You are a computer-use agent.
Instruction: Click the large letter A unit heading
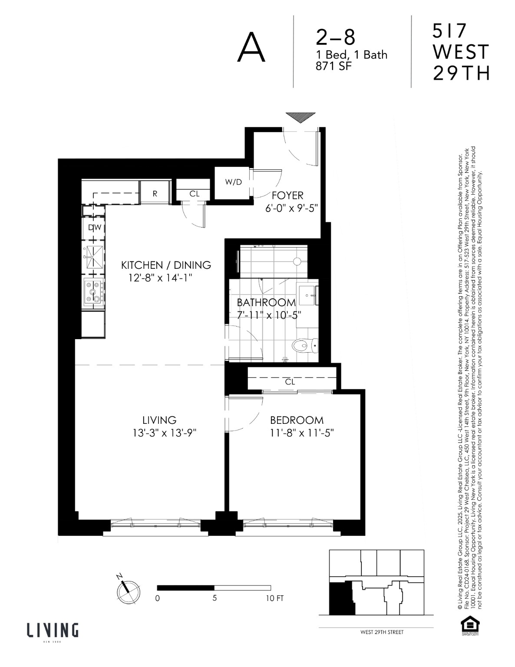click(251, 49)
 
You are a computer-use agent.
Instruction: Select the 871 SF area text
click(334, 66)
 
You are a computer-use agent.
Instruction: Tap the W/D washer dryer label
click(233, 182)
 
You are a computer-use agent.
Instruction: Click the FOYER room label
click(287, 196)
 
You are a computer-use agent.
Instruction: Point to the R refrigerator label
click(155, 194)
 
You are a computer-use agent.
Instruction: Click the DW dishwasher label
click(94, 228)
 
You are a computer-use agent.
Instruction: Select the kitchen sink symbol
click(93, 257)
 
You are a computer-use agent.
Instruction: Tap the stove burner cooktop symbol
click(93, 292)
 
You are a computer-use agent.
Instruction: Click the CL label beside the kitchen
click(194, 194)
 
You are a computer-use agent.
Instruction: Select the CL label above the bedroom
click(290, 382)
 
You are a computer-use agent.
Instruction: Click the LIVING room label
click(159, 420)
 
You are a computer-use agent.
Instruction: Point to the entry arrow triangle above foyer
click(300, 118)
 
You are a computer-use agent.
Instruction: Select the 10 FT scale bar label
click(274, 598)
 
